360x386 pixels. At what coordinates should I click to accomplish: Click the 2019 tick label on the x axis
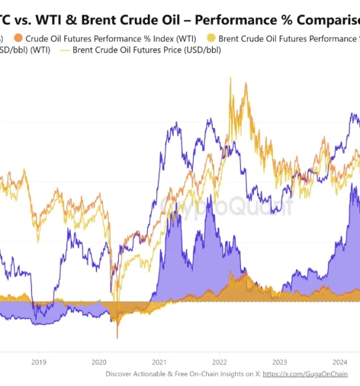pyautogui.click(x=39, y=362)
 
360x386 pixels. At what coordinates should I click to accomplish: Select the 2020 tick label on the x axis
pyautogui.click(x=99, y=362)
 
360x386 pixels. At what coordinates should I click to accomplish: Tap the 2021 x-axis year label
pyautogui.click(x=159, y=362)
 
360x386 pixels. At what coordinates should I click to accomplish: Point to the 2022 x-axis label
pyautogui.click(x=220, y=362)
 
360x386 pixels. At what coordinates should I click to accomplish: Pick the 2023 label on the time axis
pyautogui.click(x=280, y=362)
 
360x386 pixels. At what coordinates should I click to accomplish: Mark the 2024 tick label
pyautogui.click(x=340, y=362)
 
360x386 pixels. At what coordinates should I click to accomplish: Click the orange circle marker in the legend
pyautogui.click(x=17, y=38)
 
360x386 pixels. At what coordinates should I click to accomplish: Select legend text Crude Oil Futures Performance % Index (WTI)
pyautogui.click(x=111, y=38)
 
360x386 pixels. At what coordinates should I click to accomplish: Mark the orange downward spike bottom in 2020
pyautogui.click(x=117, y=338)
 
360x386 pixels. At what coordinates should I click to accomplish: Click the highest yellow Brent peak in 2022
pyautogui.click(x=230, y=78)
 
